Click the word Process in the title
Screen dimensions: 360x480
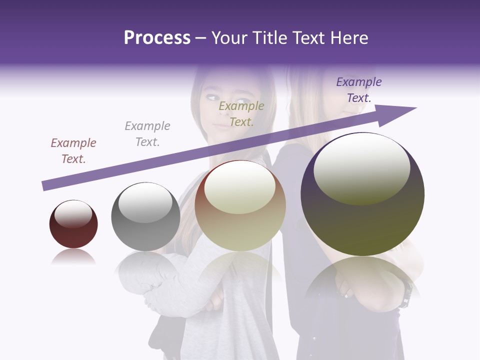point(157,38)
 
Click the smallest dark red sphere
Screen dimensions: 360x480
point(73,224)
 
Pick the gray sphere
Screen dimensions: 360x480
point(145,216)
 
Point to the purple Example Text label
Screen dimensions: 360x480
point(358,90)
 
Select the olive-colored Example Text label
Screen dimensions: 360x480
point(241,114)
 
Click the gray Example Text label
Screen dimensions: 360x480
point(147,134)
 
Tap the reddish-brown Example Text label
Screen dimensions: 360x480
point(73,151)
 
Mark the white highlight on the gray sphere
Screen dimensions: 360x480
point(145,202)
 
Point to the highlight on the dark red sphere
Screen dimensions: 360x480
point(73,213)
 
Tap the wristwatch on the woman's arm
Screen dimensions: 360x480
point(406,295)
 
